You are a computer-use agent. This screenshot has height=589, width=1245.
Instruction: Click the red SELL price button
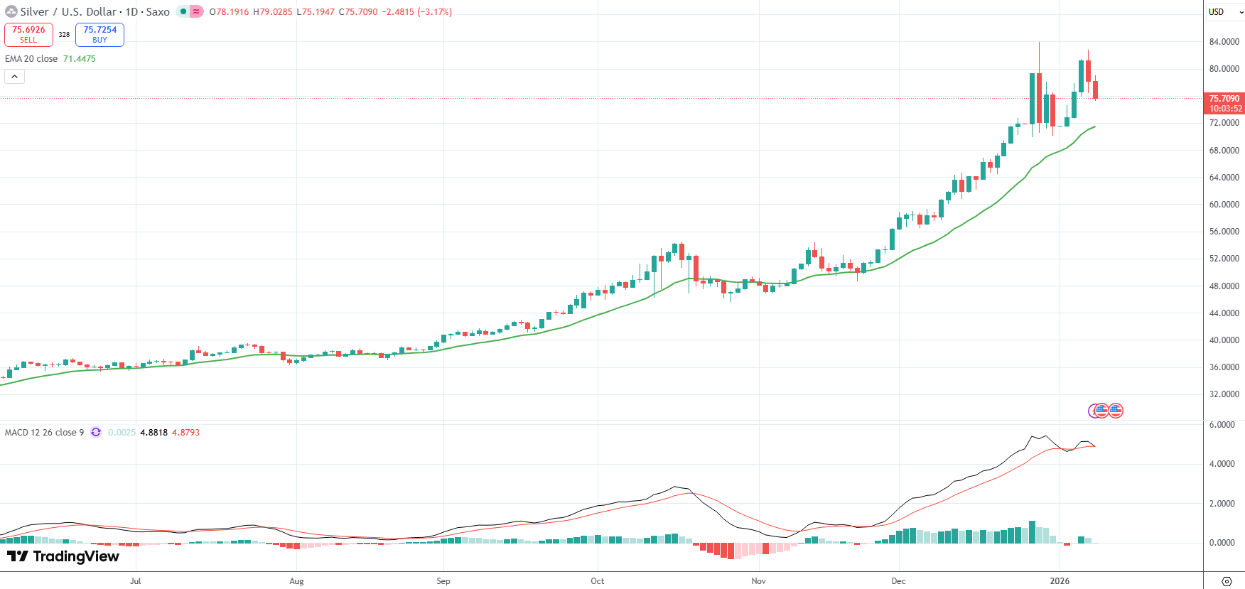[x=28, y=34]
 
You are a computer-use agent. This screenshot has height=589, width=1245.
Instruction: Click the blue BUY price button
[x=99, y=34]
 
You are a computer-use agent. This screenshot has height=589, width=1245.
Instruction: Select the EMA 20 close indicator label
[x=31, y=59]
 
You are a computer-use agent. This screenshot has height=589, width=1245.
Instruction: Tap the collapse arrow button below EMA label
[x=14, y=77]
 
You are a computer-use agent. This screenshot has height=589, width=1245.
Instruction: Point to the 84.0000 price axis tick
[x=1224, y=42]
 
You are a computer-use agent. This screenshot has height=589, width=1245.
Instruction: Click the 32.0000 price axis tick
[x=1224, y=394]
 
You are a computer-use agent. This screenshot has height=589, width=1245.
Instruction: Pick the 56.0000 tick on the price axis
[x=1224, y=232]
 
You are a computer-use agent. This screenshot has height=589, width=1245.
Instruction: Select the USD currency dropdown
[x=1224, y=12]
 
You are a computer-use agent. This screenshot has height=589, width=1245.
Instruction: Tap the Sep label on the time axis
[x=443, y=581]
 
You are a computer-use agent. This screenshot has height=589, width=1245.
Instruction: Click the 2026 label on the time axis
[x=1060, y=581]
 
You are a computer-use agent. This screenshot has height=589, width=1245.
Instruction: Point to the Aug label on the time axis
[x=296, y=581]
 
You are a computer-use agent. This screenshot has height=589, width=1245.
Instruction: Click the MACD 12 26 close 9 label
[x=44, y=433]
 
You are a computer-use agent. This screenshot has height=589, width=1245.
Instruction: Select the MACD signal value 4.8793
[x=185, y=433]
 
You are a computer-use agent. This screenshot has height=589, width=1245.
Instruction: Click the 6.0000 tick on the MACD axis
[x=1222, y=425]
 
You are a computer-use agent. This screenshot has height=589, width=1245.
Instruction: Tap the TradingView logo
[x=63, y=556]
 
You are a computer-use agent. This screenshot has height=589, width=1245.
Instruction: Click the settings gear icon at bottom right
[x=1226, y=581]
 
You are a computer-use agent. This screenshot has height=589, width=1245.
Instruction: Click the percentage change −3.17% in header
[x=434, y=12]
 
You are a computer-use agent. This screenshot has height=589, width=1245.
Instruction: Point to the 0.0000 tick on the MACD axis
[x=1222, y=543]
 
